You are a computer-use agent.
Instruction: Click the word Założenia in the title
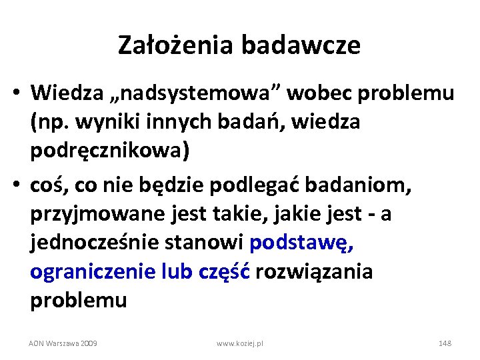point(176,45)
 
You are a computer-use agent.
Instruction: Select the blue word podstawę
point(302,242)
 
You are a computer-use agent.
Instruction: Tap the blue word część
point(224,271)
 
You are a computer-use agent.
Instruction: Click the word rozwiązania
point(313,271)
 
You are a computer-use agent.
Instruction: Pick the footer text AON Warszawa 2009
point(63,343)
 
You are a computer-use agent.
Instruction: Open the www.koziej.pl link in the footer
point(240,343)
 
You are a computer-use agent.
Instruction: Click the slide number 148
point(445,343)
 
